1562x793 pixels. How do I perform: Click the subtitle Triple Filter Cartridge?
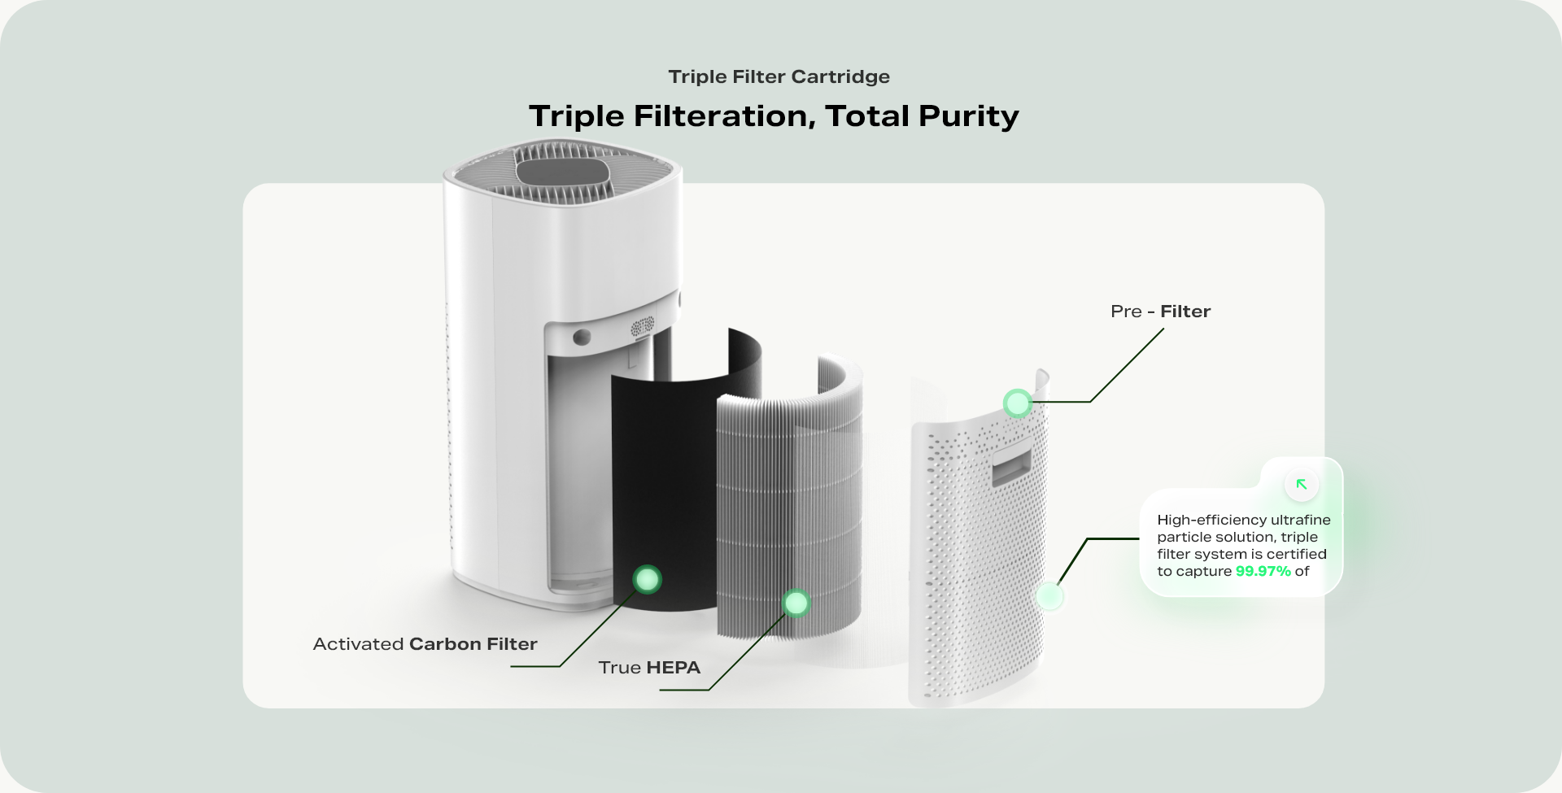779,76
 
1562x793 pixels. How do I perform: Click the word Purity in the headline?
968,116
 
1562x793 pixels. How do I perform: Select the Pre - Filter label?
1160,312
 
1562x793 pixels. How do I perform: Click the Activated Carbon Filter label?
425,644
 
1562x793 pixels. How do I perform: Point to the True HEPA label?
649,668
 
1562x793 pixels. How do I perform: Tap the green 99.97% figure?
1263,571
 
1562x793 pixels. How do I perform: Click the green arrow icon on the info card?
1302,485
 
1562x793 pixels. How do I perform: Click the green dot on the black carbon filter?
648,579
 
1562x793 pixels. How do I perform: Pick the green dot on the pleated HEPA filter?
796,603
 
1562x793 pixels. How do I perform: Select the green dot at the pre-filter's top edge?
1017,403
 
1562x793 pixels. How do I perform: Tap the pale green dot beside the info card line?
1049,596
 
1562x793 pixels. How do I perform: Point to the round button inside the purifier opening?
582,337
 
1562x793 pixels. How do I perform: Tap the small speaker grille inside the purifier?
642,327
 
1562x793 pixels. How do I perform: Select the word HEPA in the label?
674,668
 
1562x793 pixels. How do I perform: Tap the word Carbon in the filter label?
445,644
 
